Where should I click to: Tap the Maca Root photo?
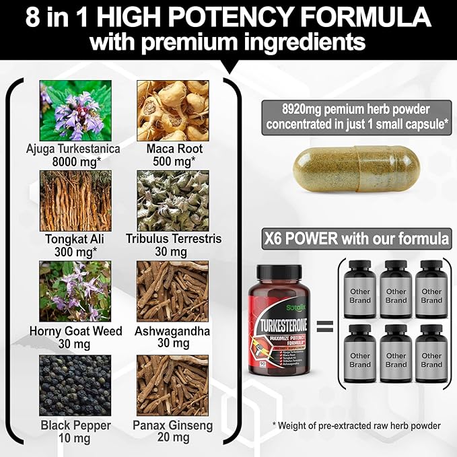(x=172, y=110)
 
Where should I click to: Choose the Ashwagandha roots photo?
(x=172, y=291)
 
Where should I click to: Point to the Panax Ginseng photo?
(x=172, y=384)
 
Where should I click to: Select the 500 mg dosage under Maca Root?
(x=172, y=162)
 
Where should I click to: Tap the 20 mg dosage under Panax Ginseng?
(x=173, y=438)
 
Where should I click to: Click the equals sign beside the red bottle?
(x=325, y=327)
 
